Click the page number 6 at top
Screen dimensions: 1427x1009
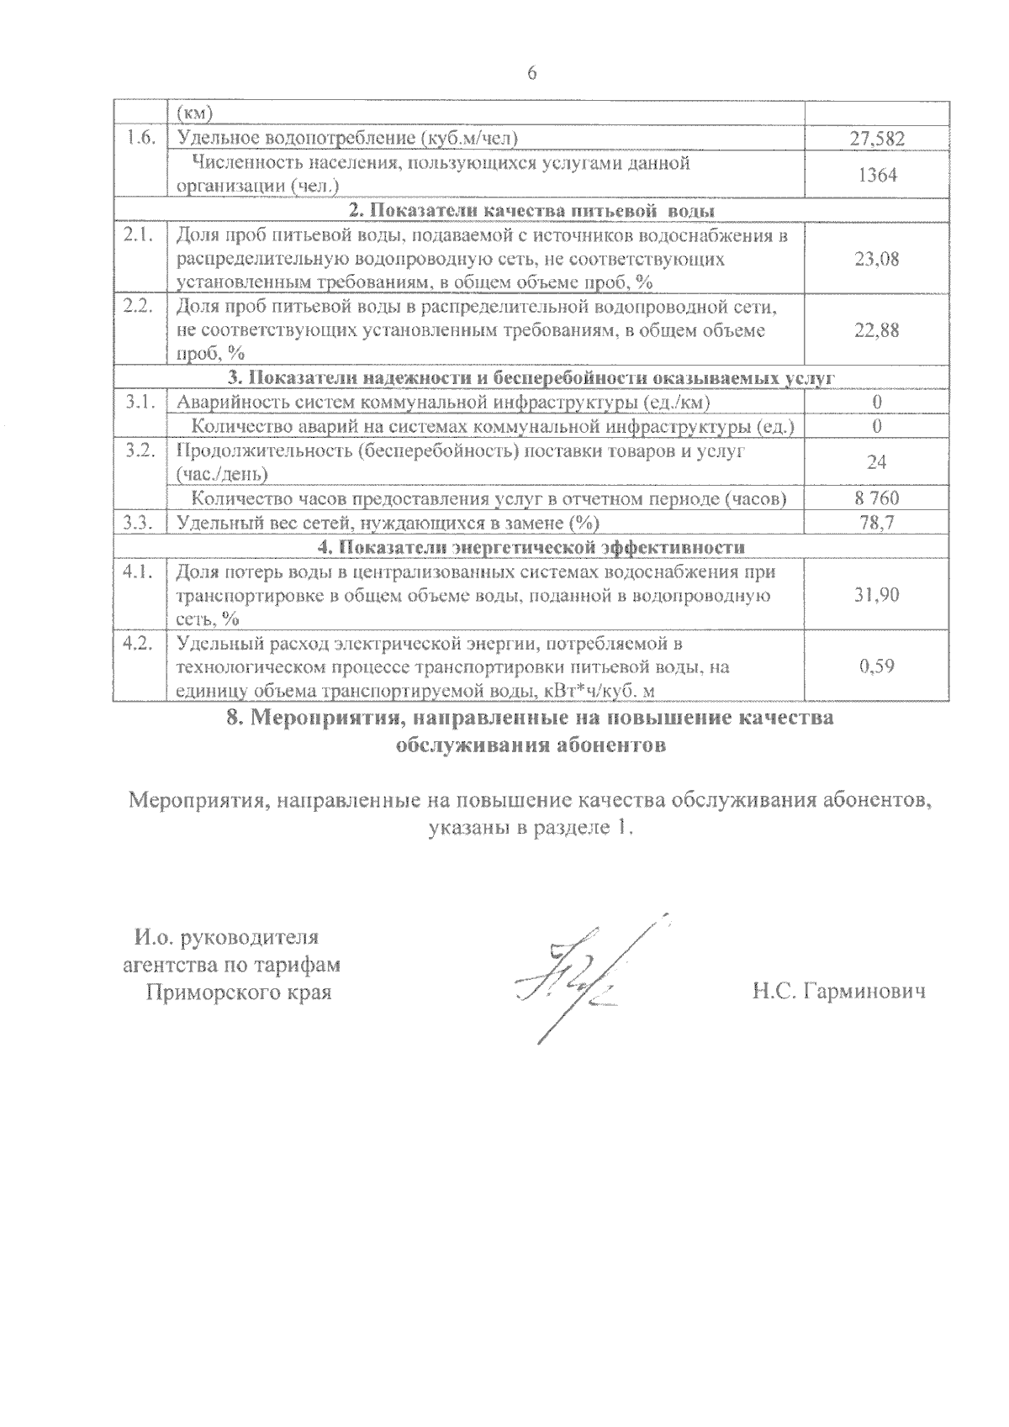pyautogui.click(x=531, y=73)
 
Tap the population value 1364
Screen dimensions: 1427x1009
pyautogui.click(x=876, y=175)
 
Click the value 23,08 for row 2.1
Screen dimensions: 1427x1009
pyautogui.click(x=876, y=259)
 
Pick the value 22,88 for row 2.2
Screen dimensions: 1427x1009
pyautogui.click(x=876, y=330)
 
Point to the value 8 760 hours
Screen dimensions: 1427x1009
pyautogui.click(x=876, y=498)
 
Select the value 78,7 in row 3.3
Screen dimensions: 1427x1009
pyautogui.click(x=876, y=523)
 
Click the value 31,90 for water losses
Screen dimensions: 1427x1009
pyautogui.click(x=876, y=595)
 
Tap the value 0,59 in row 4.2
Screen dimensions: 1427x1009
pyautogui.click(x=876, y=666)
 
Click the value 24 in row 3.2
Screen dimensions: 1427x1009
pyautogui.click(x=876, y=462)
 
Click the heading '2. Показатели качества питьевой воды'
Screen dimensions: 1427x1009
pyautogui.click(x=531, y=210)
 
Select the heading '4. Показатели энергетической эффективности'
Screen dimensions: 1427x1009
pyautogui.click(x=531, y=547)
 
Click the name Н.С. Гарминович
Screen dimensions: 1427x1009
pyautogui.click(x=838, y=993)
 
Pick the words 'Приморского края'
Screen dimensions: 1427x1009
pyautogui.click(x=239, y=993)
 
